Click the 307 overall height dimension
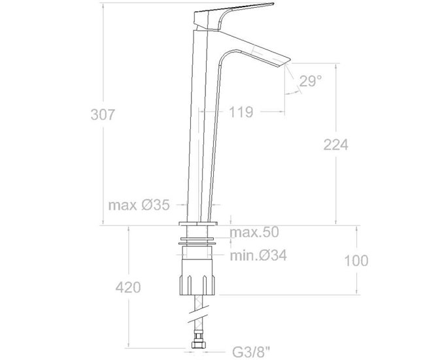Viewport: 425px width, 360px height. [x=103, y=114]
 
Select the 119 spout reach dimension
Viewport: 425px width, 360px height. [x=241, y=112]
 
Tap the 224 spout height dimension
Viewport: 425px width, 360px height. [x=335, y=145]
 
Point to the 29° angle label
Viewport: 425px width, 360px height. [x=311, y=81]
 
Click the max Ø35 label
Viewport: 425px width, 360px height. [x=139, y=205]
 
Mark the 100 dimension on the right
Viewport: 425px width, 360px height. [x=356, y=261]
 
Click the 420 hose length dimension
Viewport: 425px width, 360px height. [x=127, y=287]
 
